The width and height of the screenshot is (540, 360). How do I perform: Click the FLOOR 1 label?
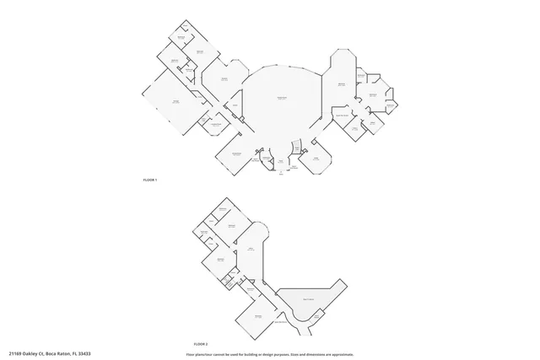[x=149, y=180]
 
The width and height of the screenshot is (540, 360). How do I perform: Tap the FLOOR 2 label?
[x=200, y=345]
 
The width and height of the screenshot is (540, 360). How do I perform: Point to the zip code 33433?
[x=83, y=353]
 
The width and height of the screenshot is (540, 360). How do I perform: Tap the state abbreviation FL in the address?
[x=74, y=353]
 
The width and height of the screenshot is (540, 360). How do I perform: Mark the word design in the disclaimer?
[x=266, y=353]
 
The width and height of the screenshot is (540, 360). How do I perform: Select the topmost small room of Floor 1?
[x=181, y=36]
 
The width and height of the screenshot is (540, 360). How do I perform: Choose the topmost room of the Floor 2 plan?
[x=224, y=210]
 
